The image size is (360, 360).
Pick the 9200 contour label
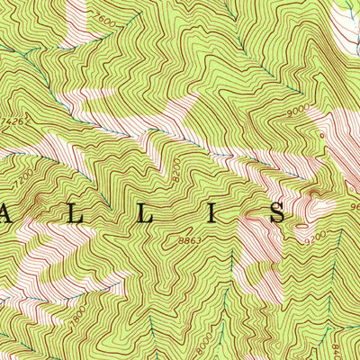(x=312, y=240)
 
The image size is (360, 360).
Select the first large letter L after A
(x=79, y=213)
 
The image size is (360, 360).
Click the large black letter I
(x=215, y=213)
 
